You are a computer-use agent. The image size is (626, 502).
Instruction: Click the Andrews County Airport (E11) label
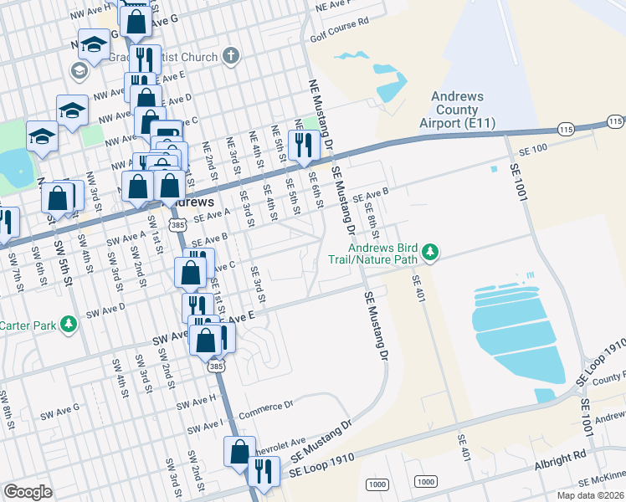[x=457, y=110]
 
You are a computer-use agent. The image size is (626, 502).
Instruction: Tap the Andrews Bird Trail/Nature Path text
[x=383, y=253]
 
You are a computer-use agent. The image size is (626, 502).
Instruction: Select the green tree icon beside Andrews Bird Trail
[x=431, y=252]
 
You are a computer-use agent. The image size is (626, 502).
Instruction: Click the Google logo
[x=28, y=492]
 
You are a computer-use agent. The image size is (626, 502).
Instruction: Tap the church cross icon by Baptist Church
[x=231, y=56]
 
